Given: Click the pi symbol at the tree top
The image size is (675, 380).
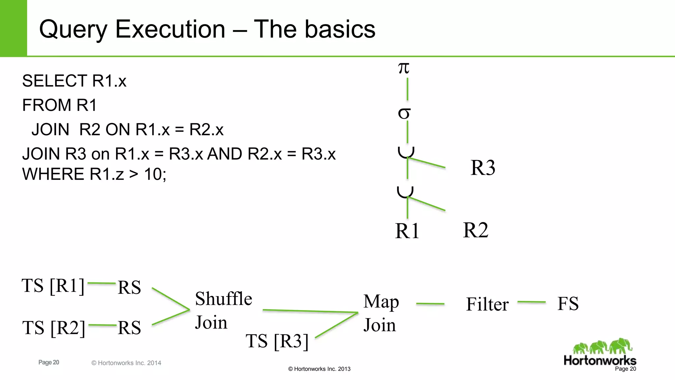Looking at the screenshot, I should click(403, 68).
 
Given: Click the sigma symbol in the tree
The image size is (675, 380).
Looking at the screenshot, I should click(404, 113).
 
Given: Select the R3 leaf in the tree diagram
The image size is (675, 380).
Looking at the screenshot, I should click(483, 168).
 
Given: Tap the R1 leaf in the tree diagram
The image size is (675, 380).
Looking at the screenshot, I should click(407, 231).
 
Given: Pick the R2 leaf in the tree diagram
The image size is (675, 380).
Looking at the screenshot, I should click(475, 230).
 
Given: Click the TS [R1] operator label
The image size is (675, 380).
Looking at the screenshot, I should click(53, 286).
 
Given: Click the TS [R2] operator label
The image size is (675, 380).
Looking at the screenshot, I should click(54, 328).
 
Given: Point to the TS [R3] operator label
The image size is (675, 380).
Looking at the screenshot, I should click(277, 341).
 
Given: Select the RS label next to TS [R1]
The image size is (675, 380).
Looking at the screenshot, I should click(129, 287).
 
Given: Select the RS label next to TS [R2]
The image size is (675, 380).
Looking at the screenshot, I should click(129, 328).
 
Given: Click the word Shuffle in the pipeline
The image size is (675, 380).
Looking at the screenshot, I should click(223, 299).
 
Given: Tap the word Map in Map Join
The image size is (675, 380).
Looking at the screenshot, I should click(381, 302).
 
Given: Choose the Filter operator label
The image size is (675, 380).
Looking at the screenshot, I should click(487, 304).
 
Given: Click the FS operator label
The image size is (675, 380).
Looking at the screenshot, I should click(568, 303).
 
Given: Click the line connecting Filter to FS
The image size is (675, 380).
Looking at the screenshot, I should click(531, 302).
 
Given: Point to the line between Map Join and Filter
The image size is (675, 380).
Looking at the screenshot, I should click(430, 304).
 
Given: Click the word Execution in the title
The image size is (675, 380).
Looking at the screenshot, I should click(170, 29).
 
